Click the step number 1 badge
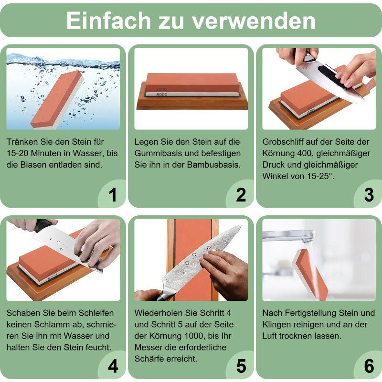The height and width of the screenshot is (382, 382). point(113,195)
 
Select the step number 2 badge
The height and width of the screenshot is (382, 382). point(241,195)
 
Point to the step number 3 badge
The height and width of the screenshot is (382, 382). point(369,195)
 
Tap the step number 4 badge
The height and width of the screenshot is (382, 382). point(113,366)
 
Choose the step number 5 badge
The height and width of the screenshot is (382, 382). point(241,366)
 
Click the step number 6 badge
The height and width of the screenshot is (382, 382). point(369,366)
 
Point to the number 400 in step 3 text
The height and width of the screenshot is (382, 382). point(304,154)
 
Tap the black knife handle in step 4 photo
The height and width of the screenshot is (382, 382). point(43,225)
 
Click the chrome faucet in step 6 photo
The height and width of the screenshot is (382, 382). point(286,235)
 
